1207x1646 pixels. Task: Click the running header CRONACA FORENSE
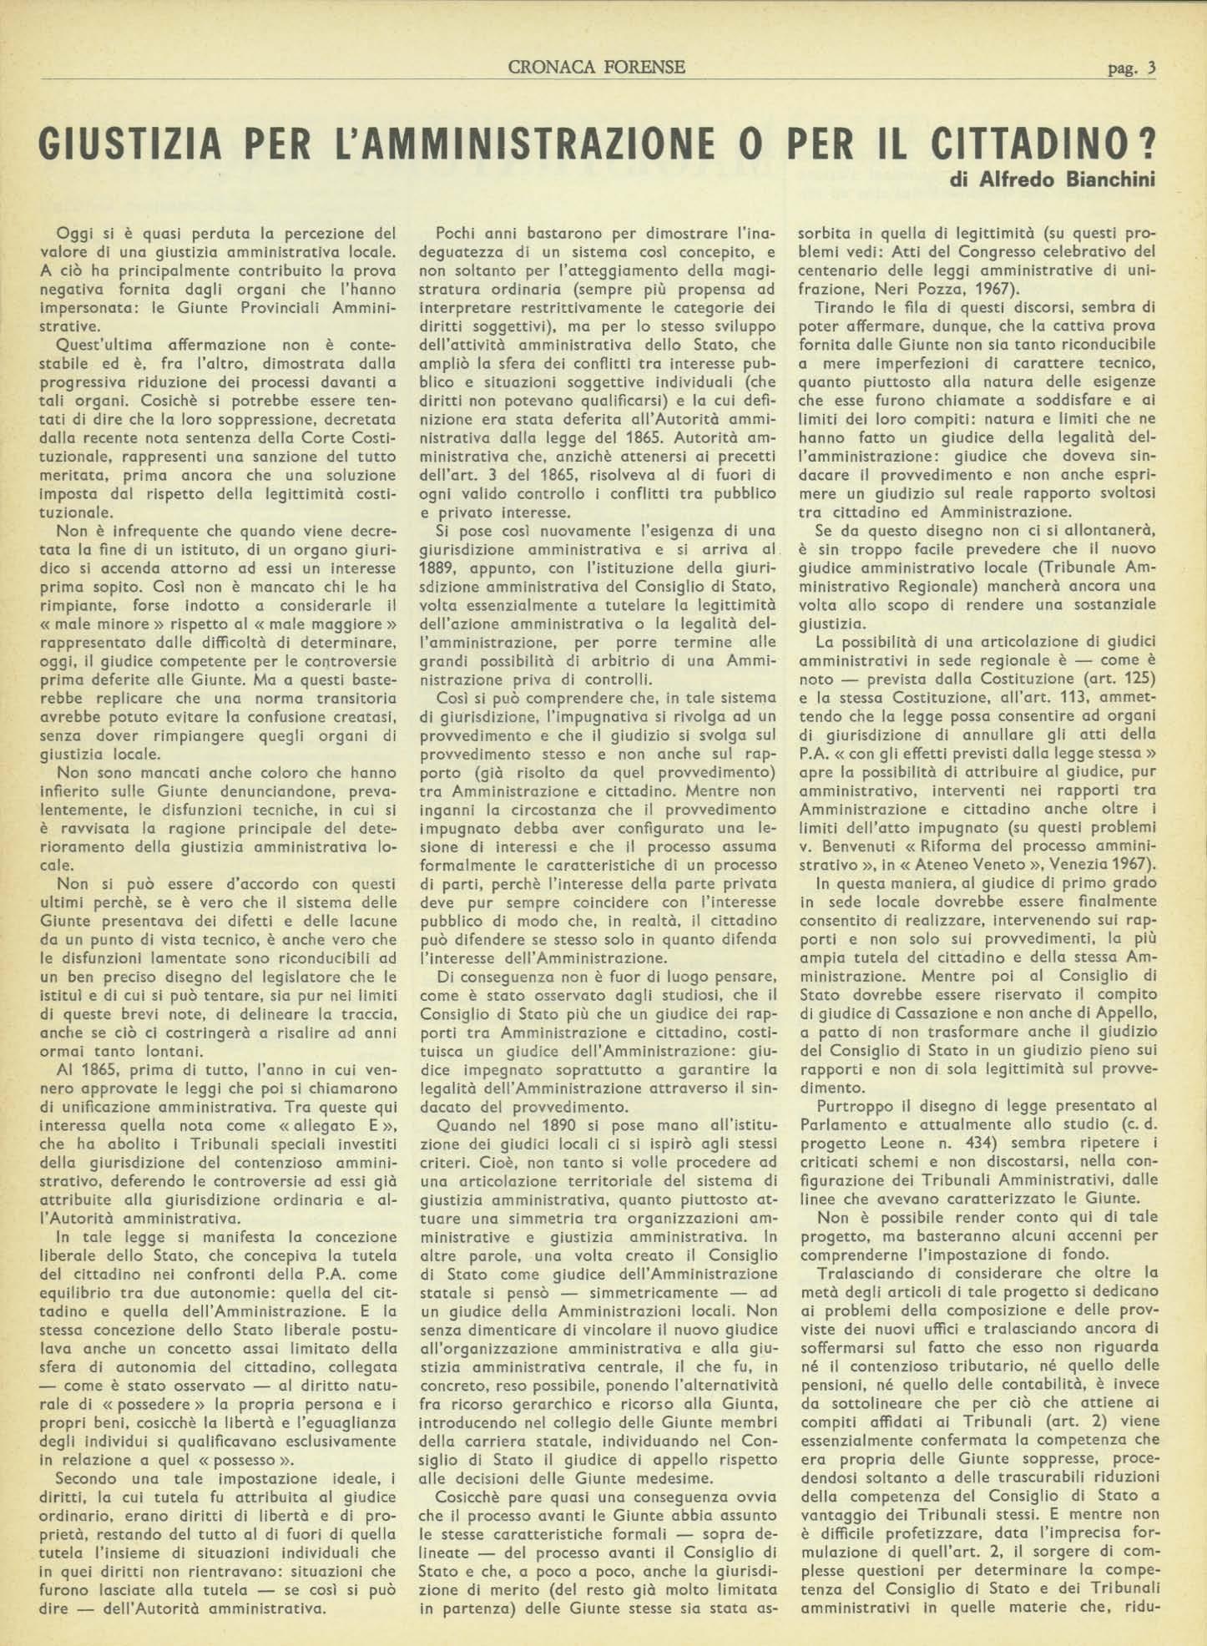click(596, 67)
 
